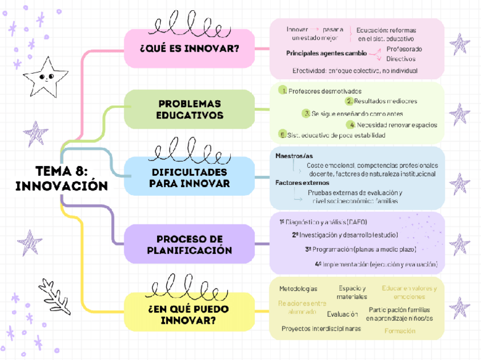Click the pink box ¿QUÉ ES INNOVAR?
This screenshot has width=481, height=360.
tap(189, 49)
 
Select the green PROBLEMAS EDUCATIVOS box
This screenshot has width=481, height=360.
tap(189, 109)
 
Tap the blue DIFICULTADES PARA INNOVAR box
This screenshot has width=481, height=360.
tap(189, 177)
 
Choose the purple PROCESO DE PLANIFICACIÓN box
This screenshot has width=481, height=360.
tap(189, 244)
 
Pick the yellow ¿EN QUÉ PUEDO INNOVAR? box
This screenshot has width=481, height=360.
tap(189, 315)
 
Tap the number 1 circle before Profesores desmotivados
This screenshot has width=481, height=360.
tap(282, 91)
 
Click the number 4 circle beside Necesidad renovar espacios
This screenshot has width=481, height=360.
tap(352, 125)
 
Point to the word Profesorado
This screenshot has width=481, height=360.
tap(404, 49)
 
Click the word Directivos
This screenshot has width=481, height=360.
tap(400, 58)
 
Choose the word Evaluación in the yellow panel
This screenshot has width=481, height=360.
tap(342, 314)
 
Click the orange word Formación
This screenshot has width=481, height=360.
tap(399, 331)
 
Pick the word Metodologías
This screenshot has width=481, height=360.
tap(298, 289)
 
